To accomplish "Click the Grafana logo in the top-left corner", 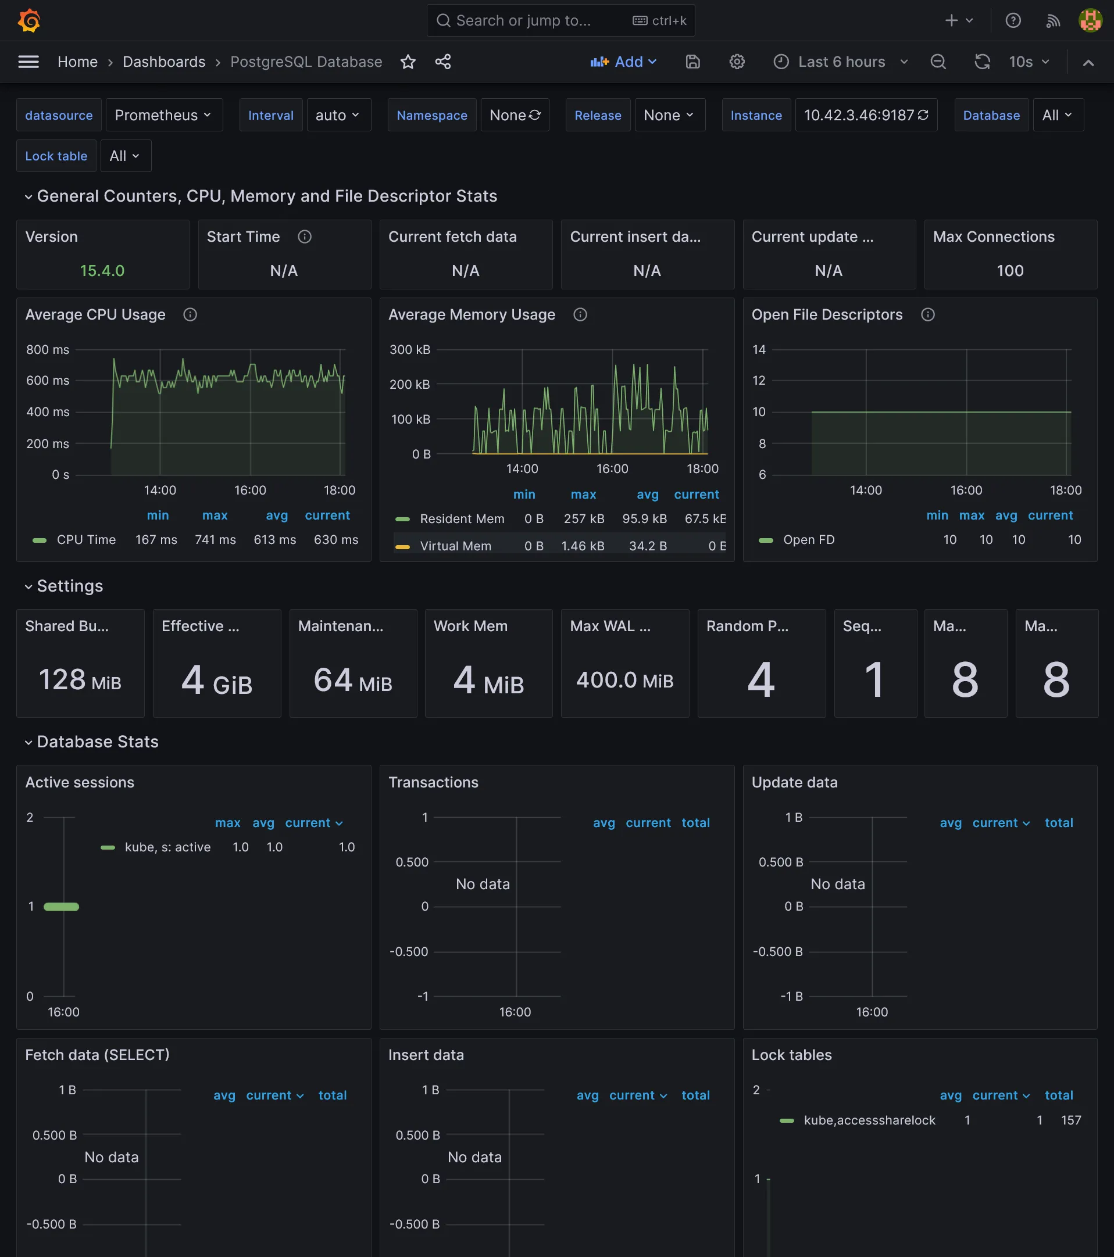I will point(29,20).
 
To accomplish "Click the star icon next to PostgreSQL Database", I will point(408,62).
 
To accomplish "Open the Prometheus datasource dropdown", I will point(163,115).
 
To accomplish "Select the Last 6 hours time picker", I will point(841,62).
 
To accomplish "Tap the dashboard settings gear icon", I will point(737,62).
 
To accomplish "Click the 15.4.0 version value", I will point(102,271).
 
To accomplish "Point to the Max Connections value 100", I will point(1009,271).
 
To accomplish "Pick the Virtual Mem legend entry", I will point(455,546).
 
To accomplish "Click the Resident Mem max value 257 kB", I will point(584,519).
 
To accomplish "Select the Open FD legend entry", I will point(808,539).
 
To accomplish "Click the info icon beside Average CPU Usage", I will point(190,315).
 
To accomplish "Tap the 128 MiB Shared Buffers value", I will point(80,680).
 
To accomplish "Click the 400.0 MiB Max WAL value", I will point(624,680).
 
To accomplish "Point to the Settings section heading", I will point(70,586).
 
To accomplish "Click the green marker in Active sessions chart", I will point(62,907).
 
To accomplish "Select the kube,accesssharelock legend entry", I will point(869,1120).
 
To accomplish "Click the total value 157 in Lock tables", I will point(1070,1120).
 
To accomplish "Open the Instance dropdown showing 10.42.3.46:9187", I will point(866,115).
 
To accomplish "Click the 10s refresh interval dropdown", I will point(1029,62).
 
